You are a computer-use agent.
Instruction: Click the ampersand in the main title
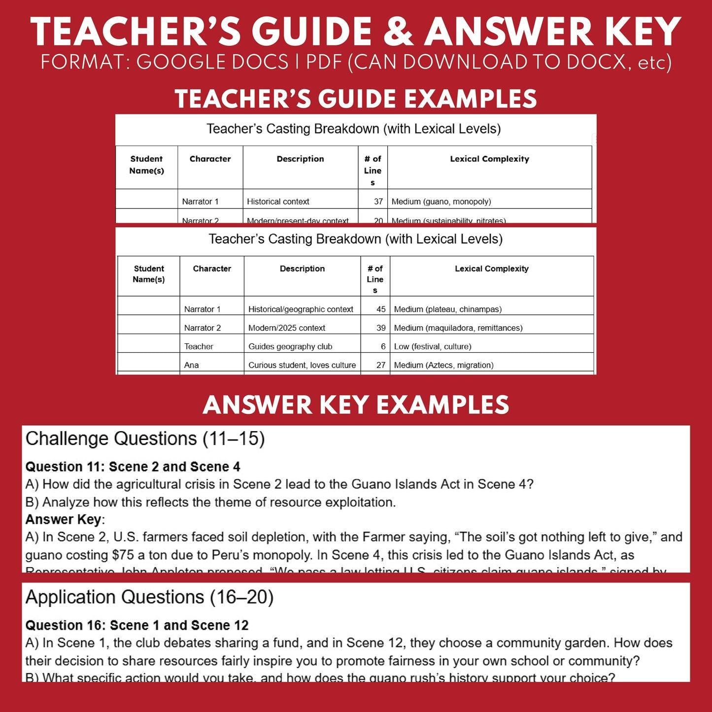[x=399, y=32]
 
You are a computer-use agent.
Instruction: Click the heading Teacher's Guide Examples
[x=356, y=99]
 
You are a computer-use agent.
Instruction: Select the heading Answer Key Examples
[x=356, y=405]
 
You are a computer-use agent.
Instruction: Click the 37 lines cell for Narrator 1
[x=378, y=202]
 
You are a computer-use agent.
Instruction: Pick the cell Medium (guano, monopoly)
[x=441, y=202]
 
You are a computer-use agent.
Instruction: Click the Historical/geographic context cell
[x=301, y=309]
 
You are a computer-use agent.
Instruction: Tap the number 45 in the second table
[x=381, y=309]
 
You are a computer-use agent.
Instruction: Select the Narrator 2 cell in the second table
[x=203, y=328]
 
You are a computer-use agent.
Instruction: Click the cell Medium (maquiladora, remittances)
[x=458, y=328]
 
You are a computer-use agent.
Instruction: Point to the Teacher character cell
[x=199, y=347]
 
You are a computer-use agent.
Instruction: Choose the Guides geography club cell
[x=290, y=347]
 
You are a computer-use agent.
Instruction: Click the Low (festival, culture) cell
[x=433, y=347]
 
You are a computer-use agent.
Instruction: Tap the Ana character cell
[x=192, y=365]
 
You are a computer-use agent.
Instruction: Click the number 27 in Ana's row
[x=381, y=365]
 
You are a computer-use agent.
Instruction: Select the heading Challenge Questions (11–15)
[x=145, y=439]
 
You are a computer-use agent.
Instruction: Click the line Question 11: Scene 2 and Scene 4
[x=133, y=467]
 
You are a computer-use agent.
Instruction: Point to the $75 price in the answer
[x=123, y=555]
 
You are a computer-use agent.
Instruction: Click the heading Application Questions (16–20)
[x=149, y=597]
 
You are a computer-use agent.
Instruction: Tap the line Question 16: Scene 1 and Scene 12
[x=137, y=625]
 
